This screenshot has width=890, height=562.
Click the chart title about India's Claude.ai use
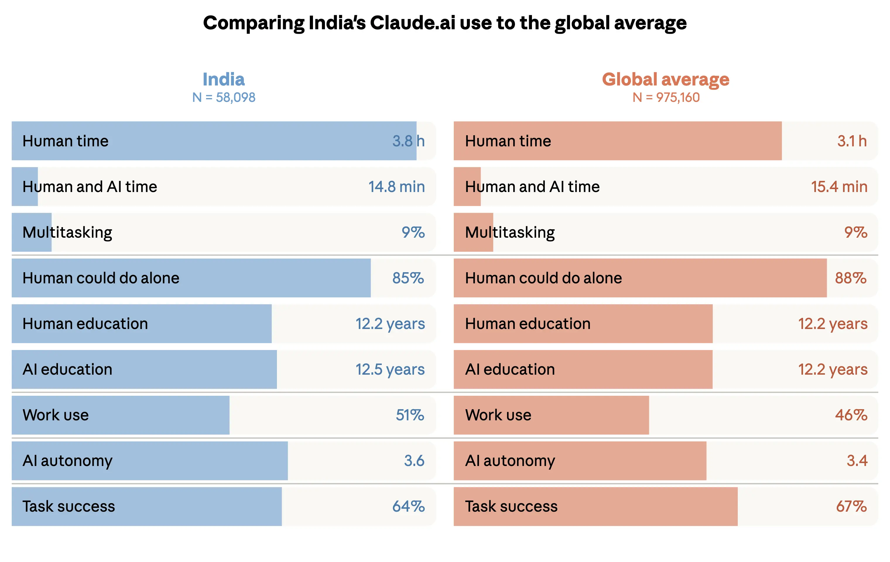click(x=445, y=23)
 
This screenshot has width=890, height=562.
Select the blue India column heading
click(x=224, y=79)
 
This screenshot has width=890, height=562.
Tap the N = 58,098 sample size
click(x=224, y=97)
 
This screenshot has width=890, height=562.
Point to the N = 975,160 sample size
click(x=666, y=97)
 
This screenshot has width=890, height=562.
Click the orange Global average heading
click(x=666, y=79)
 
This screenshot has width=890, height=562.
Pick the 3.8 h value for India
click(x=408, y=141)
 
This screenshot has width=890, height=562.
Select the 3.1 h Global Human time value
click(x=852, y=141)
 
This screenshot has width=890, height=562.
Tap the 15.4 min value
click(x=839, y=186)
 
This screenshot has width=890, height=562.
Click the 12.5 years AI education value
click(x=390, y=369)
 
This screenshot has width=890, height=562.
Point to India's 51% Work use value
click(x=410, y=415)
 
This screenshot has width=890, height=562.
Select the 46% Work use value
click(x=851, y=415)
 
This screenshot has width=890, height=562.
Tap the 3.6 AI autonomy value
click(x=414, y=461)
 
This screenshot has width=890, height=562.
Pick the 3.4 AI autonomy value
click(x=857, y=461)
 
